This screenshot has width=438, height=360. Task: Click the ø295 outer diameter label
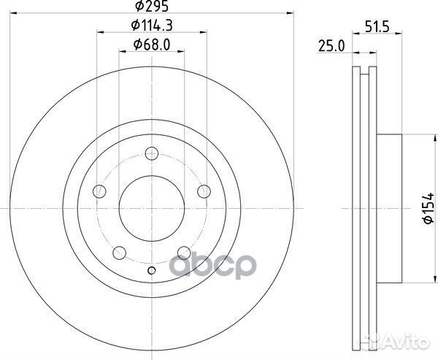pos(150,8)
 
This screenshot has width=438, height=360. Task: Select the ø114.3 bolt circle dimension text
pos(151,27)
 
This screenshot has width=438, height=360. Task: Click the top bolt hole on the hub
pos(151,153)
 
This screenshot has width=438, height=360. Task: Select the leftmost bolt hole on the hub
pos(99,192)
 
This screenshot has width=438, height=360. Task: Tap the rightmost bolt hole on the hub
pos(203,192)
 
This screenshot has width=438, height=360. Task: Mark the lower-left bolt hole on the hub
pos(120,254)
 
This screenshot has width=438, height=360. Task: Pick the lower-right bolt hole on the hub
pos(183,254)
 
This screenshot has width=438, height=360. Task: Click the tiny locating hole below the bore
pos(151,272)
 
